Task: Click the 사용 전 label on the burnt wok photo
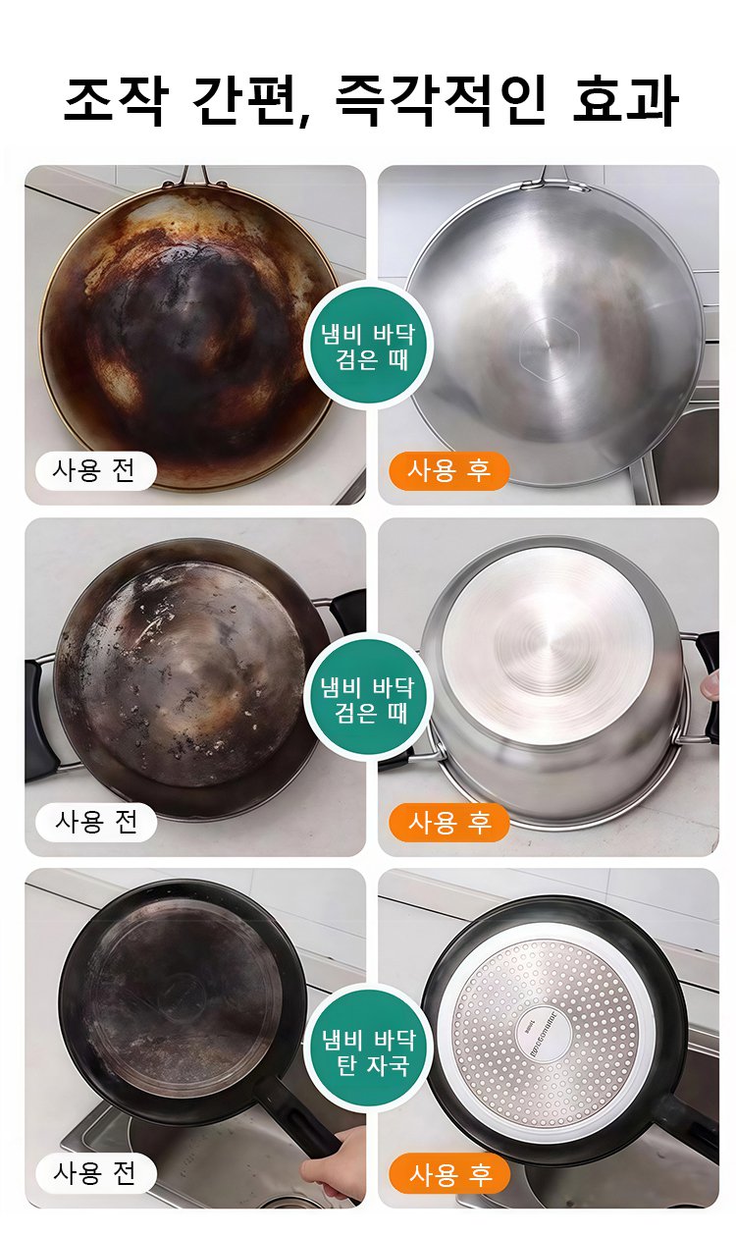[x=95, y=470]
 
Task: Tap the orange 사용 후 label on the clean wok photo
[x=448, y=470]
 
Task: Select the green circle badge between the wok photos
[x=368, y=346]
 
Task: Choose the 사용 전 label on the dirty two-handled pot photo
[x=95, y=821]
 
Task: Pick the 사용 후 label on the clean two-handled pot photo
[x=448, y=821]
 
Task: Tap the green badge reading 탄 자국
[x=368, y=1051]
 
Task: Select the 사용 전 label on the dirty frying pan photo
[x=95, y=1172]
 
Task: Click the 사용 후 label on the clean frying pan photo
[x=448, y=1172]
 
